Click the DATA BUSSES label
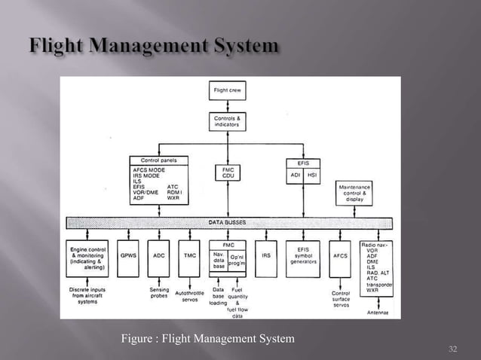coord(227,224)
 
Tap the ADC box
coord(159,256)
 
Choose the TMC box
coord(191,256)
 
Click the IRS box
coord(266,256)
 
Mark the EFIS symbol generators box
coord(305,257)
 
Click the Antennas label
coord(378,313)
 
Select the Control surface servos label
coord(341,298)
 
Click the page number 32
coord(453,349)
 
